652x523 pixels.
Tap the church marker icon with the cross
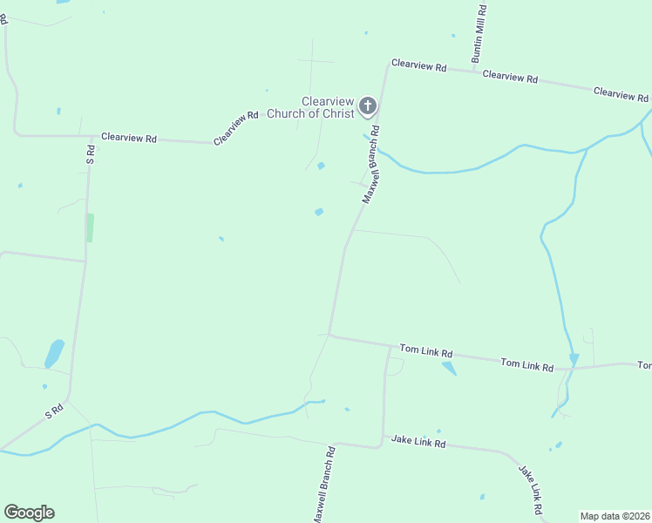point(368,107)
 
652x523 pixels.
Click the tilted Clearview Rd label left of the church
point(236,127)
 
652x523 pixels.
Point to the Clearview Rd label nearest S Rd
point(129,138)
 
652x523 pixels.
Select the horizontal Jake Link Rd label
point(418,443)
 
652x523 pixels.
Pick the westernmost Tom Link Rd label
point(426,351)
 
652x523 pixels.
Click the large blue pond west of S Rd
point(54,353)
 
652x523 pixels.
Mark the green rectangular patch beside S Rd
point(90,228)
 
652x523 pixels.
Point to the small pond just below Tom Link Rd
point(449,369)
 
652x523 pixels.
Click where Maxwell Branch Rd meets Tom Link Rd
point(329,335)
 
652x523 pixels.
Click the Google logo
point(29,513)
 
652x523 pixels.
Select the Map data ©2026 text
point(615,516)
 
